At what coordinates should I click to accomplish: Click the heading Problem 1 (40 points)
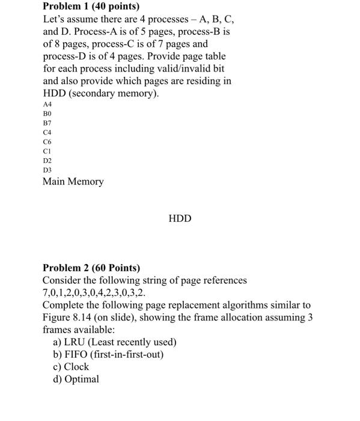[90, 7]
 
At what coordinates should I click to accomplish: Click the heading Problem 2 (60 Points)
[91, 268]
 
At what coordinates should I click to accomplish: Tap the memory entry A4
[47, 104]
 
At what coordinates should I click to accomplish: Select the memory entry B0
[47, 113]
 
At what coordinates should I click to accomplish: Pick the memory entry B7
[47, 123]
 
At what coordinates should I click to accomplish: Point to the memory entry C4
[47, 132]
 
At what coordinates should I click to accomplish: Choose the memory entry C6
[47, 142]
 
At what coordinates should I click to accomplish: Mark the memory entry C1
[47, 152]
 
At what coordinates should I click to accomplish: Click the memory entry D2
[47, 161]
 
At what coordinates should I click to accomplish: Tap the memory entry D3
[47, 171]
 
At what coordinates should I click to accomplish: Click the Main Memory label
[73, 181]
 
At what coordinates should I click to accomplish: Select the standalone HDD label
[180, 218]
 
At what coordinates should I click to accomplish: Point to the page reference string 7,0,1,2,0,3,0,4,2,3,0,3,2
[93, 293]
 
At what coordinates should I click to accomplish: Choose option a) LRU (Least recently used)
[115, 342]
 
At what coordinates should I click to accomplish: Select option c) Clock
[71, 367]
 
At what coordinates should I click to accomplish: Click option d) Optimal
[76, 380]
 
